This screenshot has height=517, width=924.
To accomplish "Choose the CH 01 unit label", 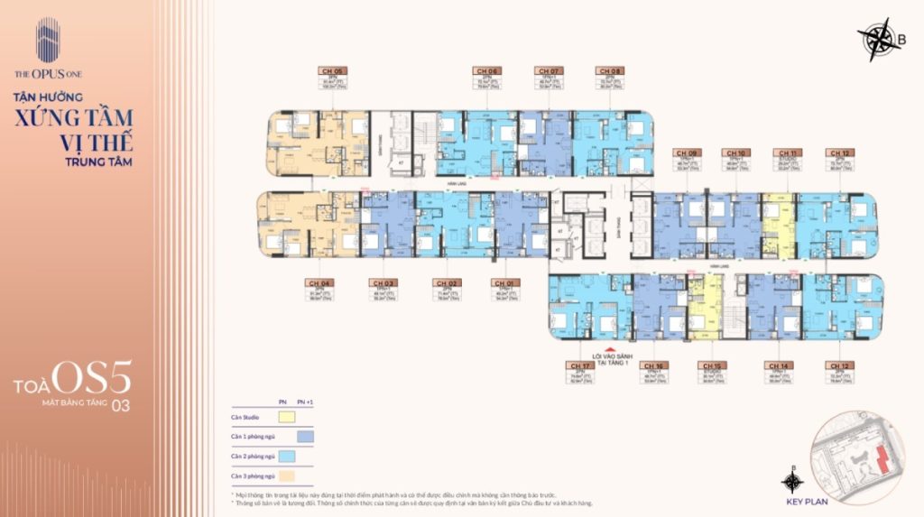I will pos(503,282).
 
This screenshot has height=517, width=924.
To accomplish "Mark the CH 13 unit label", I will pos(841,366).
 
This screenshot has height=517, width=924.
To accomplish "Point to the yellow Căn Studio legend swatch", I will pos(286,416).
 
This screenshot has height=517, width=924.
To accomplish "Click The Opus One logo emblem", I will pos(47,41).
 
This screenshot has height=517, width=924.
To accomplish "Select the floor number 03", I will pos(120,406).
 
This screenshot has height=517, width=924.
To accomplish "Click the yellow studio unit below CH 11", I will pos(778,226).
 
